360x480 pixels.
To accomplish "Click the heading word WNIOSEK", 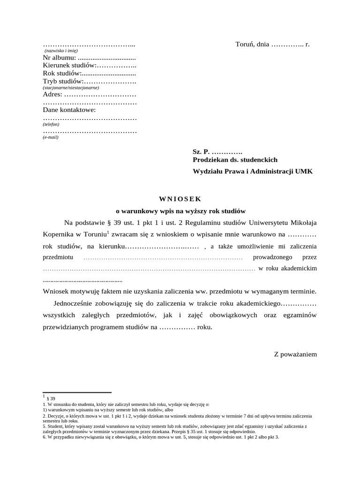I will (x=180, y=199).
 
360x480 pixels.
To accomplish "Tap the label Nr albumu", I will (x=59, y=58).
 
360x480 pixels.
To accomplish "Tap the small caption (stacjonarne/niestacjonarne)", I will (x=71, y=88).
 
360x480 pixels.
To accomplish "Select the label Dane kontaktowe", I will (x=69, y=110).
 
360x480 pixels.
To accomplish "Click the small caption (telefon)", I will (x=51, y=124).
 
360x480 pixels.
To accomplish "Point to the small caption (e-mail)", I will (x=51, y=137).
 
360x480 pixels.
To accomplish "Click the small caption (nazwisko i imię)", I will (x=61, y=50).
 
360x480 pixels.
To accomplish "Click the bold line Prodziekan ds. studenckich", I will (x=235, y=160).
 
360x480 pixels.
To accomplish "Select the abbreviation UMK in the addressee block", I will (x=304, y=172).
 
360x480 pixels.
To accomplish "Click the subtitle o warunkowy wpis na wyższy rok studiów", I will (x=180, y=211).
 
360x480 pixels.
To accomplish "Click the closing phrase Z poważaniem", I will (x=295, y=354).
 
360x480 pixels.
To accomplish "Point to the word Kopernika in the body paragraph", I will (x=57, y=234).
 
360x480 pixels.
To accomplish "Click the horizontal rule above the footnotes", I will (x=77, y=392).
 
